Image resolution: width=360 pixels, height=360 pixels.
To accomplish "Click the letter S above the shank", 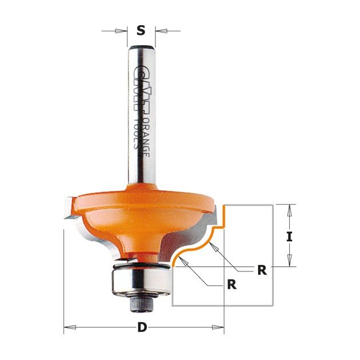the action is coord(141,30).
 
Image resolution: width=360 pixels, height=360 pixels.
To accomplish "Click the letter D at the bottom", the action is coord(142,327).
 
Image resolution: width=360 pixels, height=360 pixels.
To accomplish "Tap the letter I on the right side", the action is coord(289,237).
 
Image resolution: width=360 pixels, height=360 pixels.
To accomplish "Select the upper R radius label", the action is coord(262,270).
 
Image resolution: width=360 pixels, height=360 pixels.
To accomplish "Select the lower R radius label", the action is coord(231,285).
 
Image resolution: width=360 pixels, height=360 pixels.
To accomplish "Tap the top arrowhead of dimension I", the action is coord(289,210).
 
